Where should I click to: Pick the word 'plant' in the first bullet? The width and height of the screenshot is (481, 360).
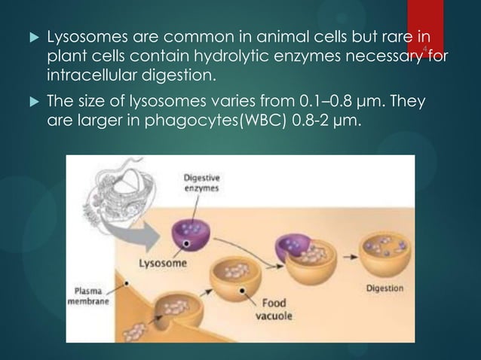pos(65,56)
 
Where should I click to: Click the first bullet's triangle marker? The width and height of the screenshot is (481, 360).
pos(29,38)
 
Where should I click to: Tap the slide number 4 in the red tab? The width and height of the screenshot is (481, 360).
pos(425,50)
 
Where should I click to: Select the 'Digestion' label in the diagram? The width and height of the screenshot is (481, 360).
pos(384,288)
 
